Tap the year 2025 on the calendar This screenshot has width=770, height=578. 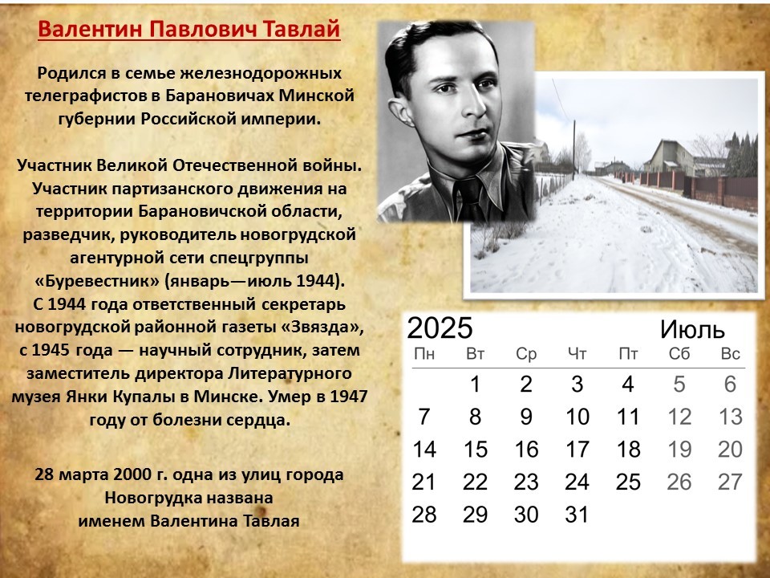[440, 328]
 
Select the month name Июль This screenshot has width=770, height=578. [692, 330]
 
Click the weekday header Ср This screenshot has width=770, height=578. [526, 354]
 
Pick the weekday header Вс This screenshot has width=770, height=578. [730, 354]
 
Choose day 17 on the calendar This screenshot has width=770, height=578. [577, 450]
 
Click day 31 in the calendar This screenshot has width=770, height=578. [577, 515]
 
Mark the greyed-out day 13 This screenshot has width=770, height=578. [730, 417]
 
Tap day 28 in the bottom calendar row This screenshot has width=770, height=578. [423, 515]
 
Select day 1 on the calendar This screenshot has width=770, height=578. [475, 385]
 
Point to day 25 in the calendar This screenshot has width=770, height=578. [628, 482]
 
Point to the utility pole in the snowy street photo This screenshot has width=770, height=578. [573, 150]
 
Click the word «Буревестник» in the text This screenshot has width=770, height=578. [97, 282]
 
